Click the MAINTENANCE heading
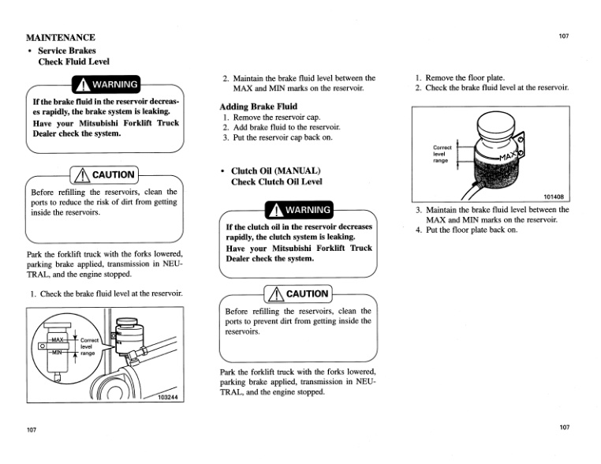61,37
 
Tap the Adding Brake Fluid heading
258,106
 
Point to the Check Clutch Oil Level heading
276,181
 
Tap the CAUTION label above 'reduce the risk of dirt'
105,174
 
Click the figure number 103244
171,397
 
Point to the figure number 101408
554,196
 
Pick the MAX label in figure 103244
60,340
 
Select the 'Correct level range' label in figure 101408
442,153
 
